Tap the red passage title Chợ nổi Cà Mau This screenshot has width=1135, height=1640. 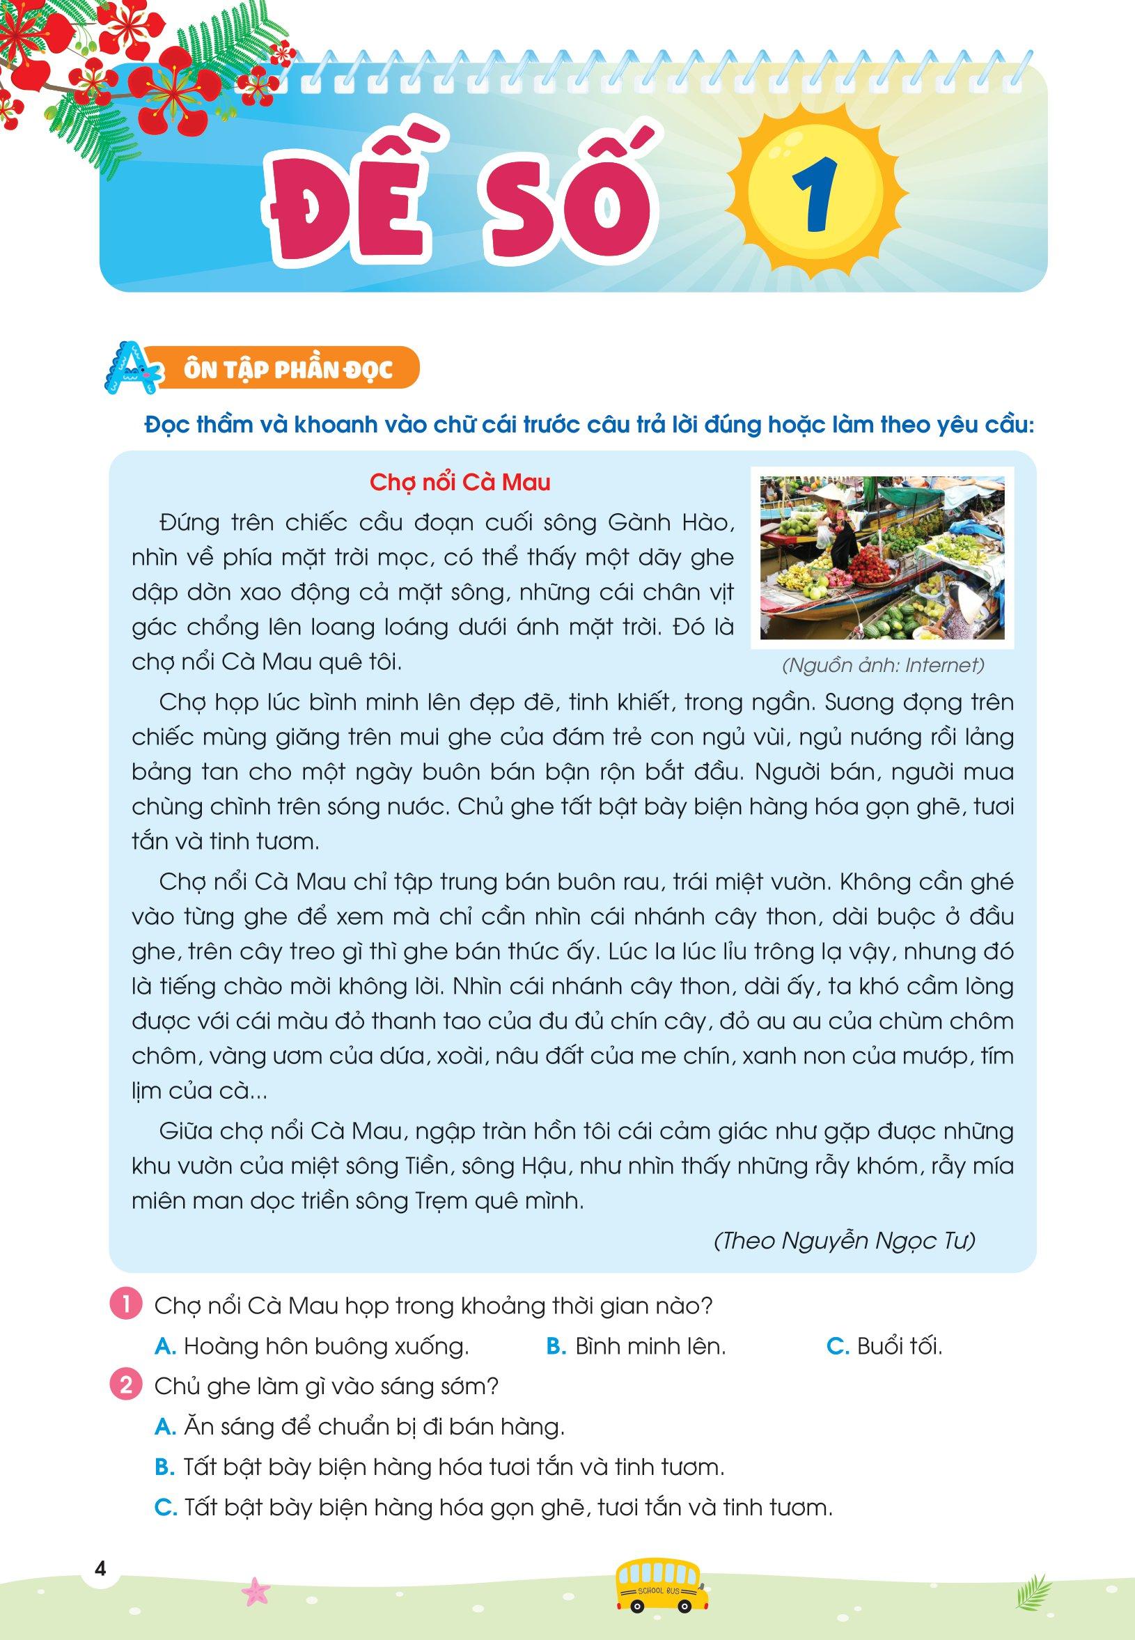point(460,483)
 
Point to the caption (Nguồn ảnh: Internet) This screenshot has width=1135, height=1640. point(882,666)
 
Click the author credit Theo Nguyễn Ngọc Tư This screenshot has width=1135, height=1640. point(844,1241)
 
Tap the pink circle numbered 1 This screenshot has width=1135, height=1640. point(126,1307)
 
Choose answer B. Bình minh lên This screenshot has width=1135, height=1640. point(636,1346)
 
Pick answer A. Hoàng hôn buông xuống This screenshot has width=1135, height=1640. point(312,1346)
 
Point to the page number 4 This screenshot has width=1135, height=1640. point(100,1568)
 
